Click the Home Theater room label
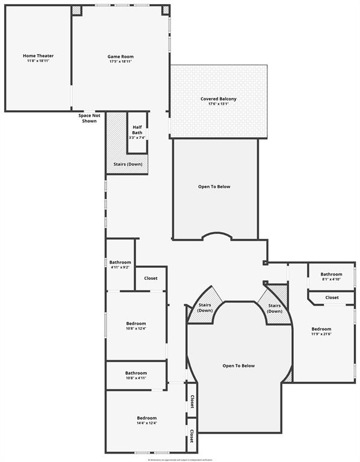coord(38,56)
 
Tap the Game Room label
coord(120,57)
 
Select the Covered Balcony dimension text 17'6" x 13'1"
coord(218,104)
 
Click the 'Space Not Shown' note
coord(89,118)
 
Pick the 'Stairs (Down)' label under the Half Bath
coord(128,164)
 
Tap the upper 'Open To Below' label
coord(214,186)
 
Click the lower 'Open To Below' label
coord(238,366)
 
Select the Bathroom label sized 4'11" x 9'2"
coord(120,262)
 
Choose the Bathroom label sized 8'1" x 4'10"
coord(331,274)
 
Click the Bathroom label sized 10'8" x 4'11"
coord(136,372)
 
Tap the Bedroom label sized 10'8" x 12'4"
coord(135,324)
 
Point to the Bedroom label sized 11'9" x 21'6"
coord(321,329)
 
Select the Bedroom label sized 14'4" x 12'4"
coord(146,418)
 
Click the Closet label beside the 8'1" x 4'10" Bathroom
coord(332,297)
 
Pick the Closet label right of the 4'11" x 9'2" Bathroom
coord(151,279)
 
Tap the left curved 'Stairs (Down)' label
coord(205,308)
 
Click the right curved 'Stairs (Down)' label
coord(275,309)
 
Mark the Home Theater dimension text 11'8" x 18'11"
coord(38,61)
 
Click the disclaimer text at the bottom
coord(180,459)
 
